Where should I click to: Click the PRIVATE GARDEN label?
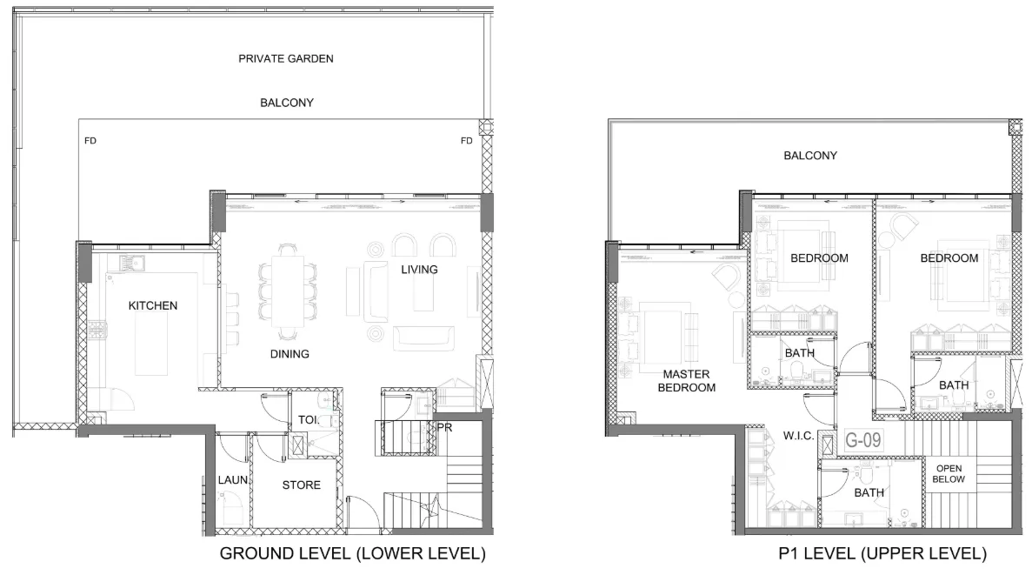click(x=286, y=58)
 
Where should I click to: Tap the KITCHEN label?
click(x=153, y=305)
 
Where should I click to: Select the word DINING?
click(x=290, y=354)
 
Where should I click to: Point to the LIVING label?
click(x=419, y=270)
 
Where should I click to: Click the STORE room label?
click(x=302, y=485)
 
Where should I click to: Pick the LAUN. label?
click(x=233, y=480)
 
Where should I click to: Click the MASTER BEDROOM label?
click(x=687, y=381)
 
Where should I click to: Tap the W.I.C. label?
click(x=798, y=436)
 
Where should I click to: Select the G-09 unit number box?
click(x=862, y=440)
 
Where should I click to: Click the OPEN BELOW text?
click(x=949, y=473)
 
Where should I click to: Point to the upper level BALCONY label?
click(x=810, y=156)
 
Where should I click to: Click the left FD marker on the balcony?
click(x=90, y=140)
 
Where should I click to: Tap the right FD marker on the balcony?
click(x=467, y=140)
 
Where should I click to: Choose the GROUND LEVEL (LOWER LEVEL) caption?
click(x=353, y=553)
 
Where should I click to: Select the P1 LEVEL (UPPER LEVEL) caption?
click(x=882, y=553)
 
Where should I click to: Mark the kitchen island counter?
click(x=152, y=343)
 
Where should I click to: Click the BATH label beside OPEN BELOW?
click(x=869, y=492)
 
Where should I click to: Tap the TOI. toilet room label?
click(x=309, y=419)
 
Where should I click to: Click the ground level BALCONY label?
click(x=286, y=103)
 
